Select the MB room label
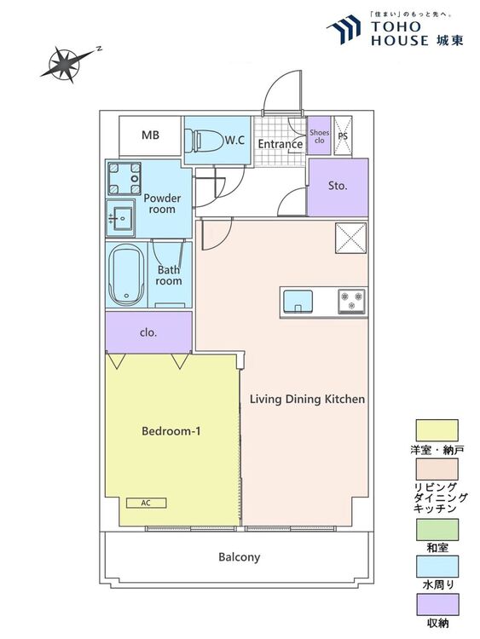point(150,135)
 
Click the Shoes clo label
point(319,136)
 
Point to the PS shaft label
point(343,135)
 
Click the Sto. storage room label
point(338,186)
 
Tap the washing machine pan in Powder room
point(124,179)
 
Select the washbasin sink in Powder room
point(120,218)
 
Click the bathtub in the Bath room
point(126,274)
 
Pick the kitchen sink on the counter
point(298,302)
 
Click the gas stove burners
point(351,301)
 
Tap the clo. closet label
point(148,332)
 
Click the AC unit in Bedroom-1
point(146,503)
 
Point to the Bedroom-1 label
point(171,431)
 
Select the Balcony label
point(239,557)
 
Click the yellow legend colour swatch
point(437,430)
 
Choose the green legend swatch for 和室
point(437,529)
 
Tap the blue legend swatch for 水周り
point(437,567)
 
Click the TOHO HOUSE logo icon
point(344,29)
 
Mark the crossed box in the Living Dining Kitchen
point(350,238)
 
